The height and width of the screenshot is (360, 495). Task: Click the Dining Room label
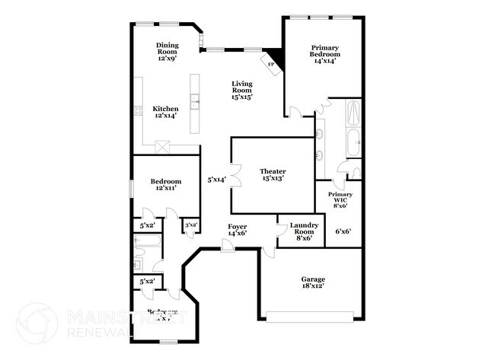point(167,51)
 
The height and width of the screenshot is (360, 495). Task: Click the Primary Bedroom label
point(324,54)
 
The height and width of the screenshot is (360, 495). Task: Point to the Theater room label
point(272,174)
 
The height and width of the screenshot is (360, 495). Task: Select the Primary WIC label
point(340,199)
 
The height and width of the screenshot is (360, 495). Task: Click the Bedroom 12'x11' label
point(165,184)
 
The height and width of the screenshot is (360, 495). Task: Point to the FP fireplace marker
point(270,65)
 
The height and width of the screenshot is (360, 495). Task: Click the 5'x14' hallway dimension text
point(216,180)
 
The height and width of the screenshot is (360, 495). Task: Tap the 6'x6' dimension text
point(343,231)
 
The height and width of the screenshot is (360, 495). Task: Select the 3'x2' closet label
point(190,225)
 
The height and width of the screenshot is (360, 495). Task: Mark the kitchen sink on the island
point(195,98)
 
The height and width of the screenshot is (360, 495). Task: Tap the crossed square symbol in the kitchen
point(161,146)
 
